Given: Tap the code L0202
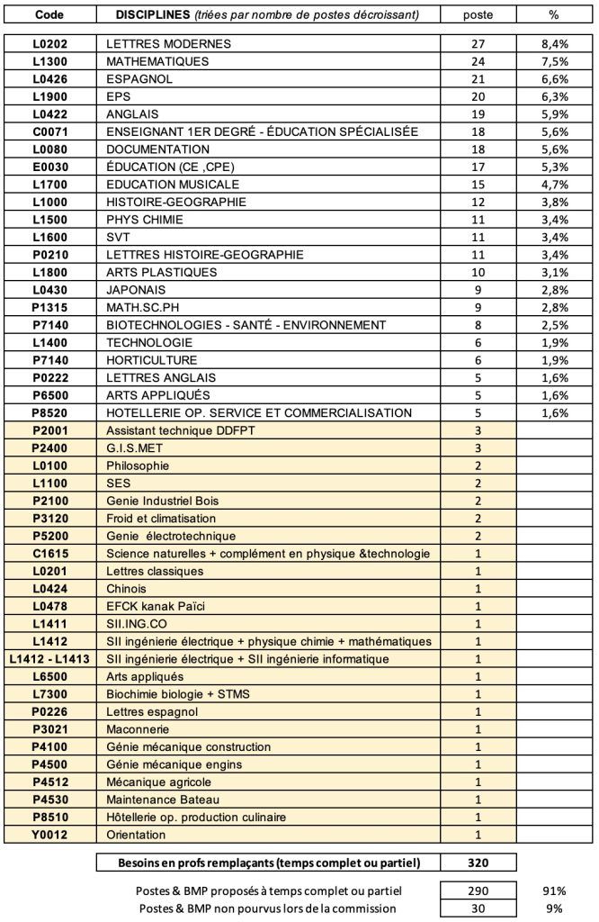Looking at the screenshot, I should tap(49, 44).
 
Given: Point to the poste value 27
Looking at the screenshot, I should tap(478, 44).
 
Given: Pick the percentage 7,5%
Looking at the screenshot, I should tap(553, 61).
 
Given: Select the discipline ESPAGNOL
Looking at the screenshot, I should tap(139, 79).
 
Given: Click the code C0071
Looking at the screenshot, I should tap(49, 131).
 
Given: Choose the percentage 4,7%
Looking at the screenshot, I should tap(553, 185).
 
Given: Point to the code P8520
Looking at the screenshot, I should tap(49, 413).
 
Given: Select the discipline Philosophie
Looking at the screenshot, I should tap(138, 466).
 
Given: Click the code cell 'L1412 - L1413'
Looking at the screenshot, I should tap(49, 659).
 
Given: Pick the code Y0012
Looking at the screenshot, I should tap(49, 835).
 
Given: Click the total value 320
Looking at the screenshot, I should tap(478, 863).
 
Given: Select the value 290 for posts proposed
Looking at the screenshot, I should tap(478, 890).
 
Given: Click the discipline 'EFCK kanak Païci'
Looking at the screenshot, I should tap(156, 607).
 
